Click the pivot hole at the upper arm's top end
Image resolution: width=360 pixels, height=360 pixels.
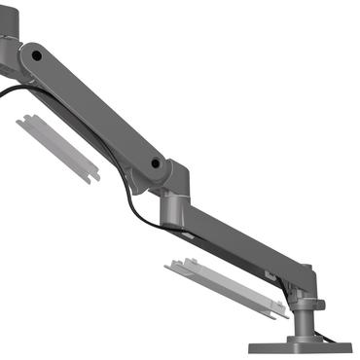click(36, 57)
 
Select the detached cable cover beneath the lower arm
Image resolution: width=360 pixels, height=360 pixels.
click(226, 288)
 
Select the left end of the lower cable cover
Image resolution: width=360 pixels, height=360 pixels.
click(173, 265)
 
